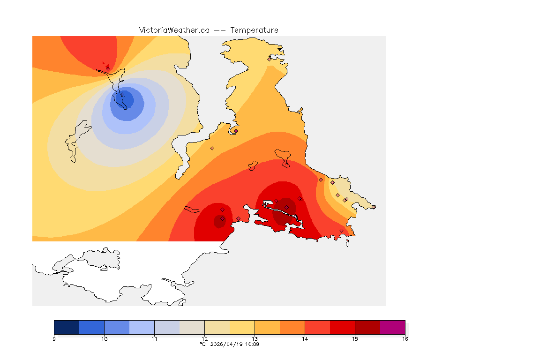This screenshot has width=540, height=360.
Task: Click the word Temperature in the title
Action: (254, 30)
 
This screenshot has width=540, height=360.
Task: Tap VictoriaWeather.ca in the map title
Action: (174, 30)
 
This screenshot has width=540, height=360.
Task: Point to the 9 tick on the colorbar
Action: (54, 339)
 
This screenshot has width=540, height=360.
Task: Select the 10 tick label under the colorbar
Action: (104, 339)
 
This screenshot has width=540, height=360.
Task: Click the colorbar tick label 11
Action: (154, 339)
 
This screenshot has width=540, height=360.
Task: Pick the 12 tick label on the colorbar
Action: (204, 339)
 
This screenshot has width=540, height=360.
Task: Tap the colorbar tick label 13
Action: (255, 339)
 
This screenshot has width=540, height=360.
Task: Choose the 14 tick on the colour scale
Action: (305, 339)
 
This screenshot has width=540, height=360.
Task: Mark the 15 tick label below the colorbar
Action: (355, 339)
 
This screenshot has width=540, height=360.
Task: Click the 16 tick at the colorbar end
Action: (405, 339)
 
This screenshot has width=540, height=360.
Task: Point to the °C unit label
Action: (202, 344)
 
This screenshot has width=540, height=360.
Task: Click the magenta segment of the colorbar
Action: (392, 327)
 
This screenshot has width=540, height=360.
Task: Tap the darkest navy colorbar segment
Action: (67, 327)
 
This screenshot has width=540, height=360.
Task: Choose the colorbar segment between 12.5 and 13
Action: (242, 327)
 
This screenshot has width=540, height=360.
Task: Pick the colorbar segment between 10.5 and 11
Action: (142, 327)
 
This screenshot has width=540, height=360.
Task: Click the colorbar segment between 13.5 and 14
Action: (292, 327)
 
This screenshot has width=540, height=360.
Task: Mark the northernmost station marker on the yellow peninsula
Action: (270, 59)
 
